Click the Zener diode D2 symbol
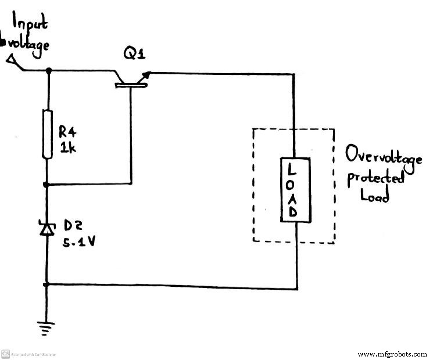[47, 229]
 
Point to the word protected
[375, 178]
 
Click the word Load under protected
[374, 196]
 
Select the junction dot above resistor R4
[48, 71]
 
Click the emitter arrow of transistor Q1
[147, 75]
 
